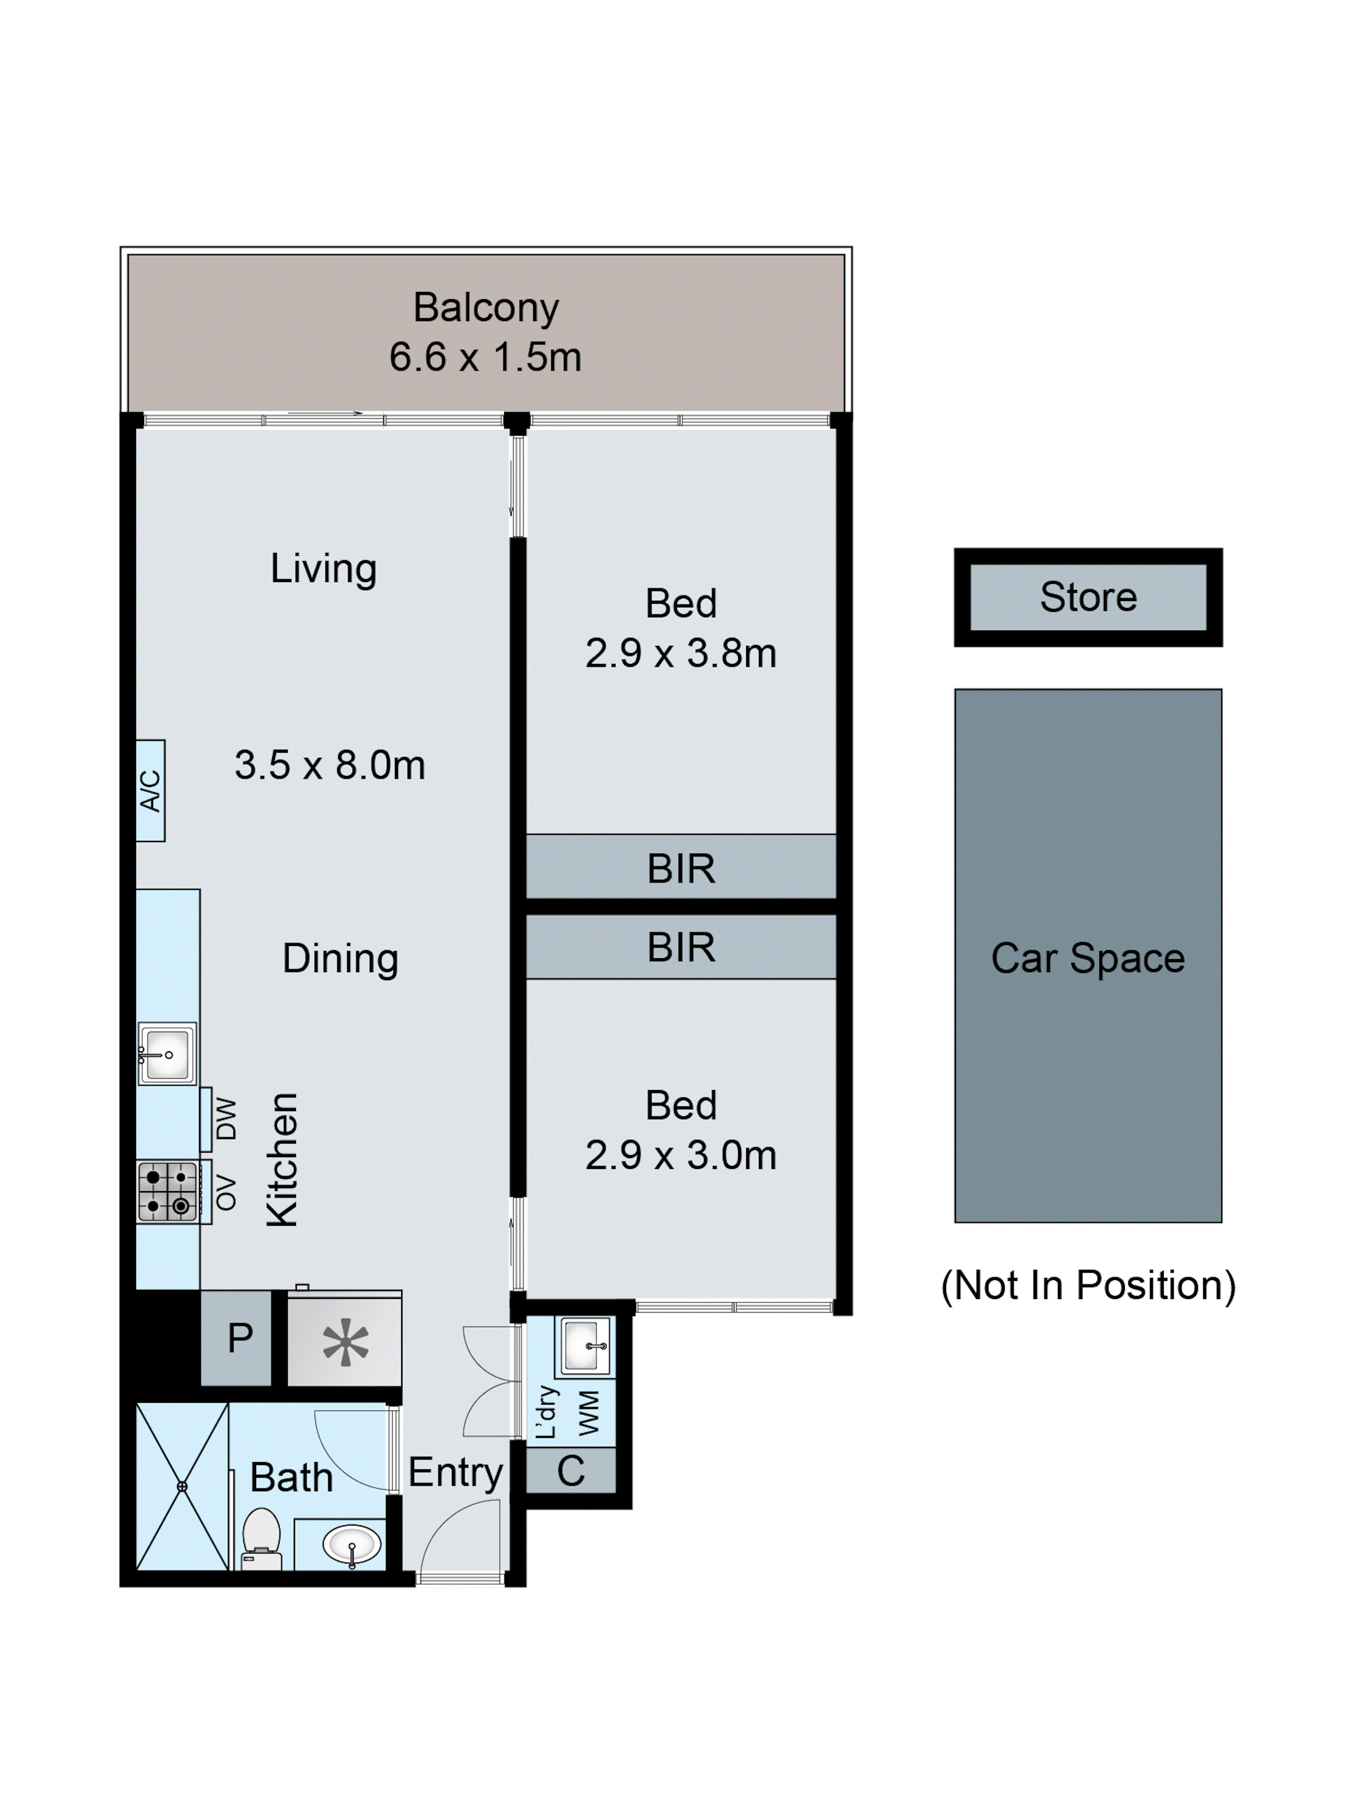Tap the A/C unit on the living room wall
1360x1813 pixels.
tap(150, 790)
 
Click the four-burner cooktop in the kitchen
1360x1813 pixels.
tap(167, 1192)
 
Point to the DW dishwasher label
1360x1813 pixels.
tap(225, 1119)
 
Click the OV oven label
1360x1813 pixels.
tap(225, 1193)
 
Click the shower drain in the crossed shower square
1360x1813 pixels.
tap(182, 1486)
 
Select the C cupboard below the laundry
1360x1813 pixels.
tap(571, 1471)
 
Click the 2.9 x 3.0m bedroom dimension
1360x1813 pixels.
tap(680, 1155)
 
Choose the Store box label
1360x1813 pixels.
tap(1088, 596)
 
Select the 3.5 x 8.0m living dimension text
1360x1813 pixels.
tap(330, 765)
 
